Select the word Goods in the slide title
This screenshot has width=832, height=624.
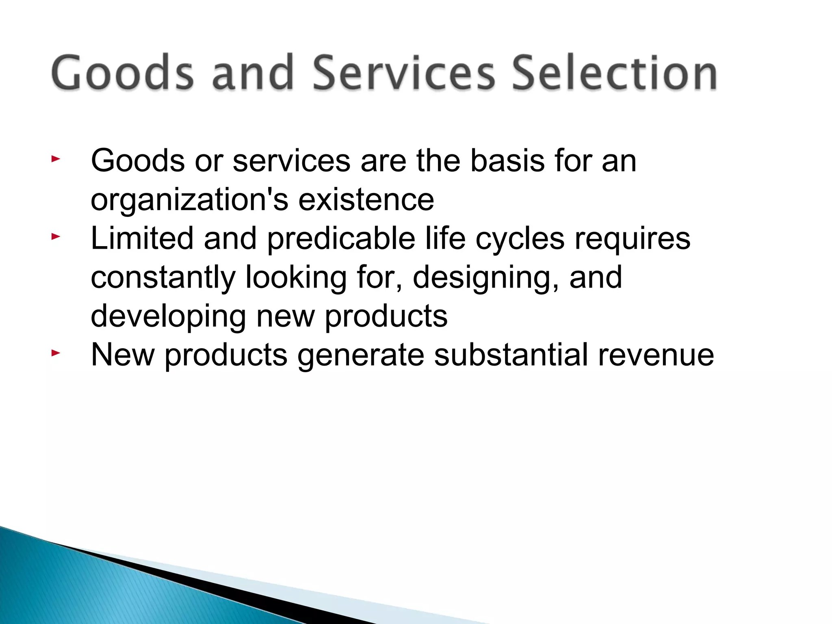coord(122,73)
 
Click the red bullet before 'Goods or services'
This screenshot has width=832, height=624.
coord(56,159)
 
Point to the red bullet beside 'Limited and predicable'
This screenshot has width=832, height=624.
coord(56,236)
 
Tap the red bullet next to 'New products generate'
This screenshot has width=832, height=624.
coord(56,353)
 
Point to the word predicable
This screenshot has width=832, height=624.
coord(341,239)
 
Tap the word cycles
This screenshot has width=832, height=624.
coord(520,239)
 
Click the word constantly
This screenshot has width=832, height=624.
coord(163,277)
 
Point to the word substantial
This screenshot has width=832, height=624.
coord(511,355)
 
